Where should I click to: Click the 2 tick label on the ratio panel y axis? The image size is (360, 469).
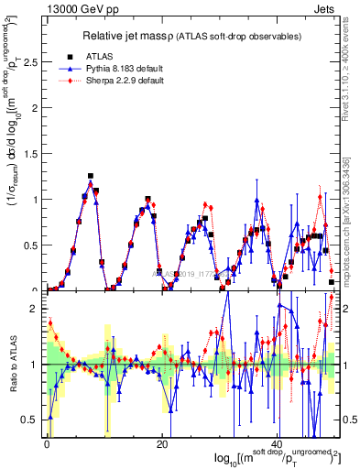click(35, 309)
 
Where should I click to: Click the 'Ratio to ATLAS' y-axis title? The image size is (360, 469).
click(12, 365)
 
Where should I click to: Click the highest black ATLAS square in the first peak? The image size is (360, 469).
click(91, 176)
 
